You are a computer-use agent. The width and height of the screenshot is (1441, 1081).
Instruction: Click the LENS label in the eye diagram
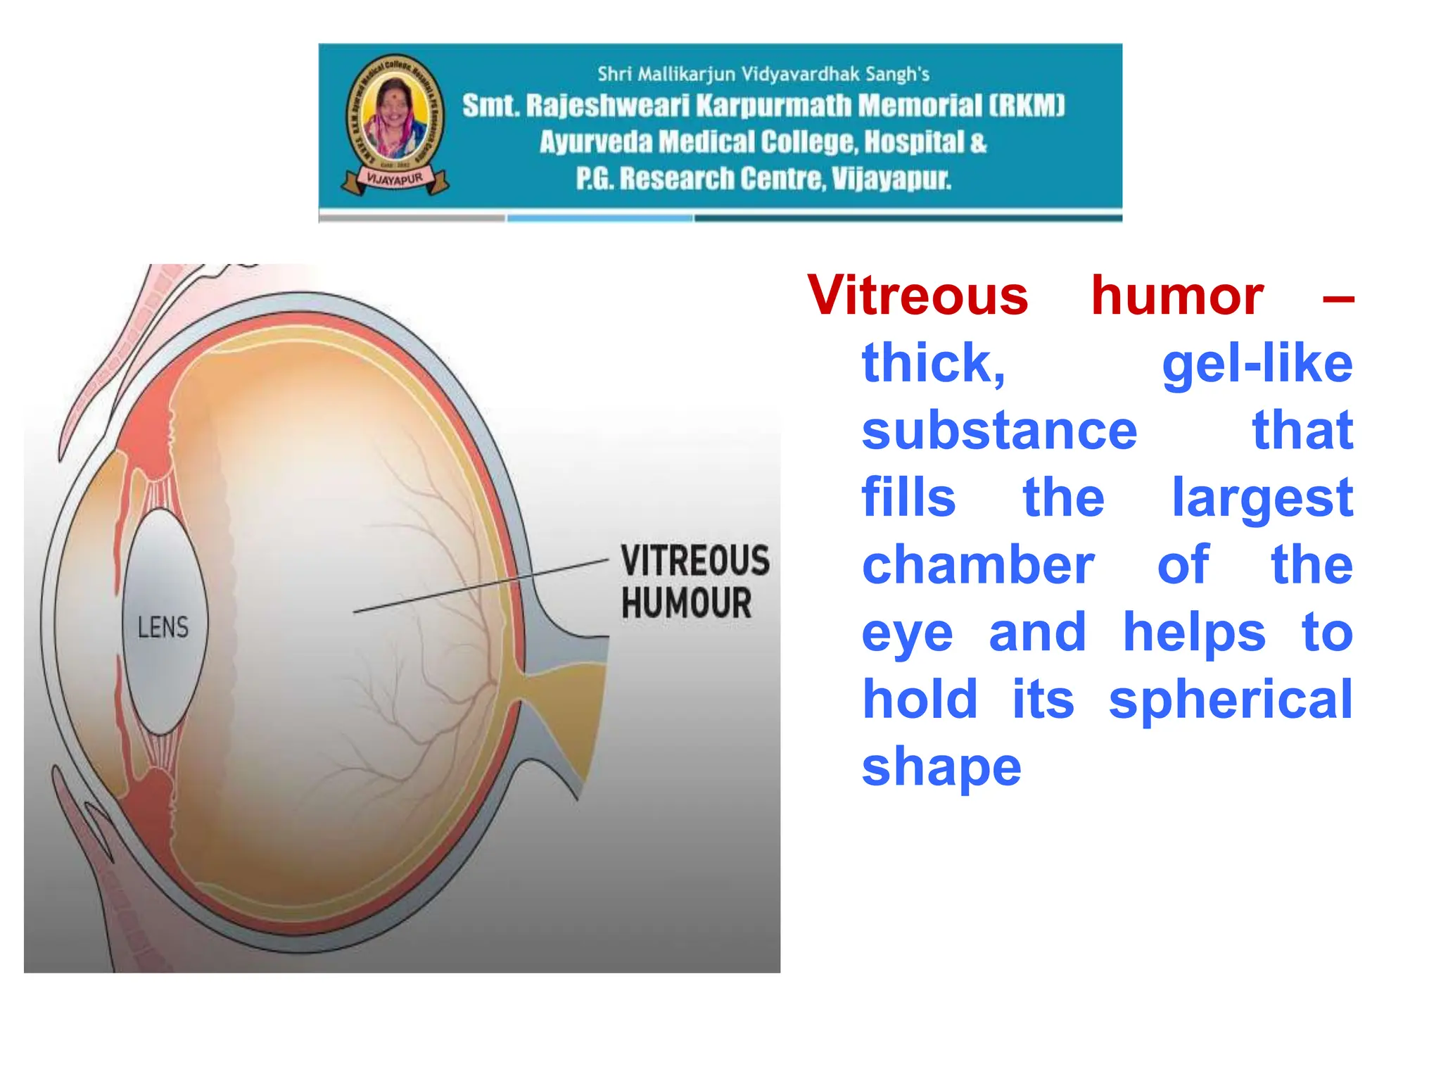(163, 626)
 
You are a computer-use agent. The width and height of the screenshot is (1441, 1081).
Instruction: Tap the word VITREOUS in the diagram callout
(694, 560)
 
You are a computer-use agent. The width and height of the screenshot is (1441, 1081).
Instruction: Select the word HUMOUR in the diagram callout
(686, 603)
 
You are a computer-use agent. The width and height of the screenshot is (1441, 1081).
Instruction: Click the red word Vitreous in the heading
(918, 296)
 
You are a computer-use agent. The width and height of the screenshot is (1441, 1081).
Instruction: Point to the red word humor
(1177, 296)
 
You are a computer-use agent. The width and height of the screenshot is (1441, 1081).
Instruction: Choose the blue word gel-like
(1257, 364)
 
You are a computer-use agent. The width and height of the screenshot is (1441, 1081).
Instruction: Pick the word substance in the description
(999, 431)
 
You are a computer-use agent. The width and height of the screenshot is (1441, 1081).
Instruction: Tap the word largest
(1262, 498)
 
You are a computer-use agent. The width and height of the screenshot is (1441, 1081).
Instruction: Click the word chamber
(978, 565)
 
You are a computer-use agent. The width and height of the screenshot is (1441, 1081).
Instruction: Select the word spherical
(1231, 700)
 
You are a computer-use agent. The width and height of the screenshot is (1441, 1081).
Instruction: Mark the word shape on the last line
(941, 767)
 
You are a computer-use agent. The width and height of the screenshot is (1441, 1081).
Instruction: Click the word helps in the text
(1194, 633)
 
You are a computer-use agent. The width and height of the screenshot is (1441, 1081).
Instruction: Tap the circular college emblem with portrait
(395, 113)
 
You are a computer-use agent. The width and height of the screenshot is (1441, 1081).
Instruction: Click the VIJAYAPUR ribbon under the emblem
(395, 179)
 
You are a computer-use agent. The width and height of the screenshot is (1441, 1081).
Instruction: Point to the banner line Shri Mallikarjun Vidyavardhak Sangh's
(763, 74)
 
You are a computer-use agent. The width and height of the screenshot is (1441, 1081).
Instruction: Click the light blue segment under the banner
(599, 218)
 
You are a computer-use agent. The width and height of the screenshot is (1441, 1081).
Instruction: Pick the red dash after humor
(1338, 300)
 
